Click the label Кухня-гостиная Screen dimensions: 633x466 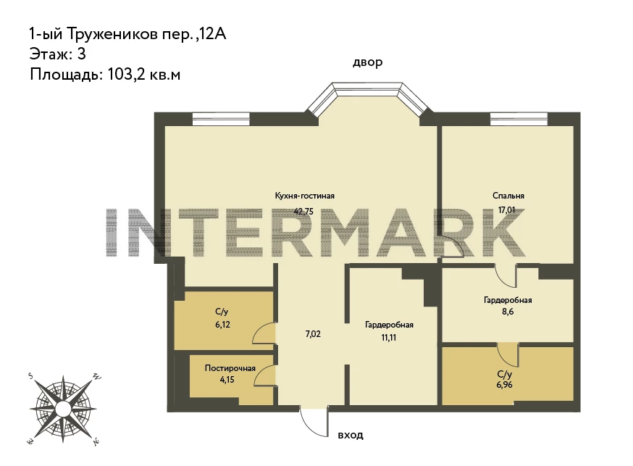(304, 196)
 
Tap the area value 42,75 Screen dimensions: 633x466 (303, 211)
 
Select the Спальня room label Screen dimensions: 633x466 (508, 196)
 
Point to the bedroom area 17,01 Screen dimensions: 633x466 (507, 210)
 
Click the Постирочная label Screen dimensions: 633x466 (230, 368)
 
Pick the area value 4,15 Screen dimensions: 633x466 (227, 380)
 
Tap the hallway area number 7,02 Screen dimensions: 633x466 (313, 334)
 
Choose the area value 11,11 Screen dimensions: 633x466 (389, 337)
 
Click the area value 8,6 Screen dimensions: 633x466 (508, 312)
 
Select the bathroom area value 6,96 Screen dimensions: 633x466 (505, 385)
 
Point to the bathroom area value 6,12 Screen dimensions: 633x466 (222, 324)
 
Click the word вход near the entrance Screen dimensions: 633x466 (351, 436)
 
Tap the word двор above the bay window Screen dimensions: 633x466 (367, 62)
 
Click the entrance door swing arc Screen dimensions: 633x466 (310, 428)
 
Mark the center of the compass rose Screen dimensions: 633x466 (63, 409)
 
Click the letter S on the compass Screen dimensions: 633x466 (30, 376)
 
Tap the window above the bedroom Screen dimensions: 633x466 (519, 120)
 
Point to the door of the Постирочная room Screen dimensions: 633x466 (265, 375)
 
